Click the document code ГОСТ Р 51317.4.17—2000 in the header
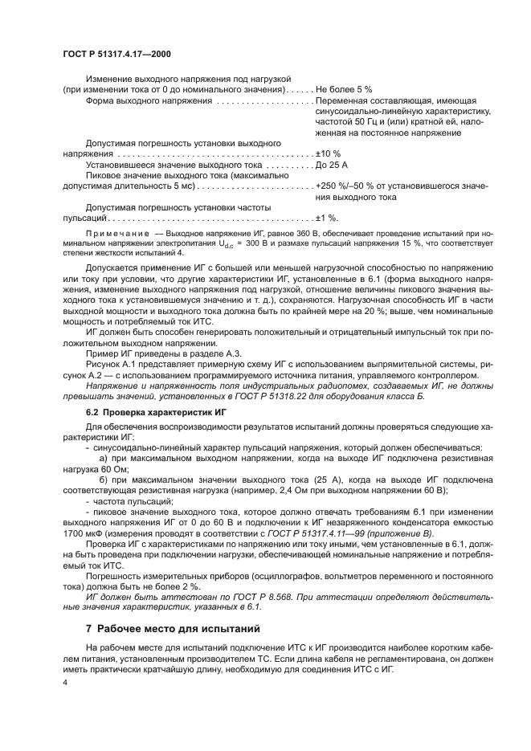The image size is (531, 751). click(116, 55)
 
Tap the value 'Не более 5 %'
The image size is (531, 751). click(344, 90)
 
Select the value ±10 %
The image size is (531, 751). click(329, 153)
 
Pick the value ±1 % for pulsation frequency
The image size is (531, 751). click(327, 218)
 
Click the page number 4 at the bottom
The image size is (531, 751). click(65, 682)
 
